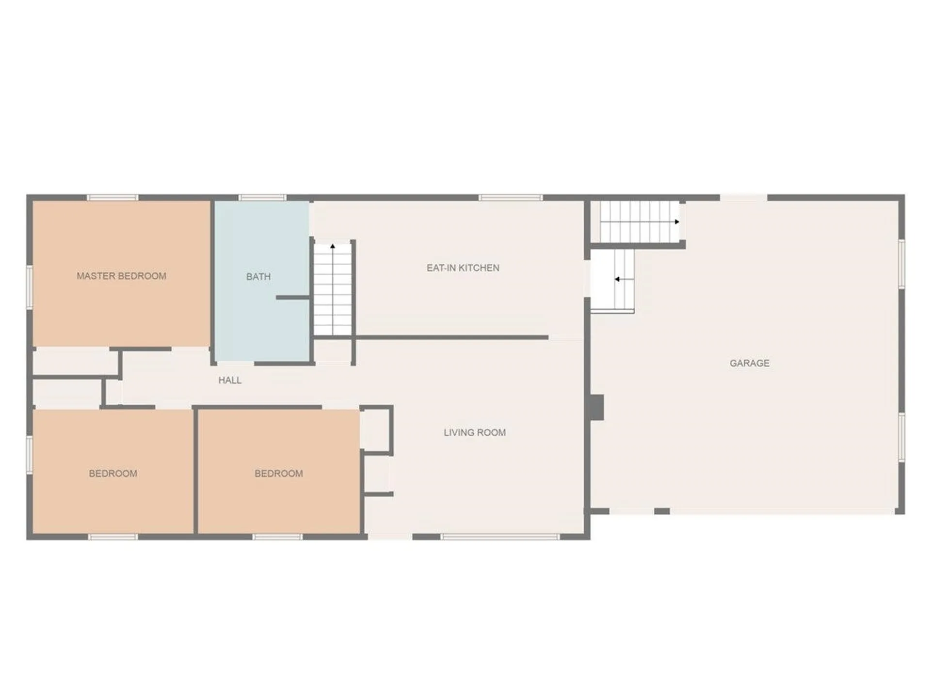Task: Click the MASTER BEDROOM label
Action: coord(121,276)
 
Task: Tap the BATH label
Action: coord(258,277)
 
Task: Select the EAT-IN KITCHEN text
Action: coord(463,268)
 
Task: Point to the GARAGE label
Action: coord(749,363)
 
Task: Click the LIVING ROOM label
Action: coord(474,432)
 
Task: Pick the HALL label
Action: coord(229,381)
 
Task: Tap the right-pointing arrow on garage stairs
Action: coord(677,222)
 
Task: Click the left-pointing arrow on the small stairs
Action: coord(617,279)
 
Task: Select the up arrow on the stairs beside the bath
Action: coord(333,247)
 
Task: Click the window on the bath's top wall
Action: coord(262,197)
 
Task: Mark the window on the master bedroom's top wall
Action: coord(112,197)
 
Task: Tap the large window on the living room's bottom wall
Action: coord(499,537)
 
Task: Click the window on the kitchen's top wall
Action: coord(510,197)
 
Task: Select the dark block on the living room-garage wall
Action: coord(597,407)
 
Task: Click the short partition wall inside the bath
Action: coord(293,297)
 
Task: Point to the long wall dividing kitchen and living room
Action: coord(451,337)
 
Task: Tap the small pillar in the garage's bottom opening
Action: coord(662,511)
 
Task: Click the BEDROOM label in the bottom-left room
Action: coord(112,474)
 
